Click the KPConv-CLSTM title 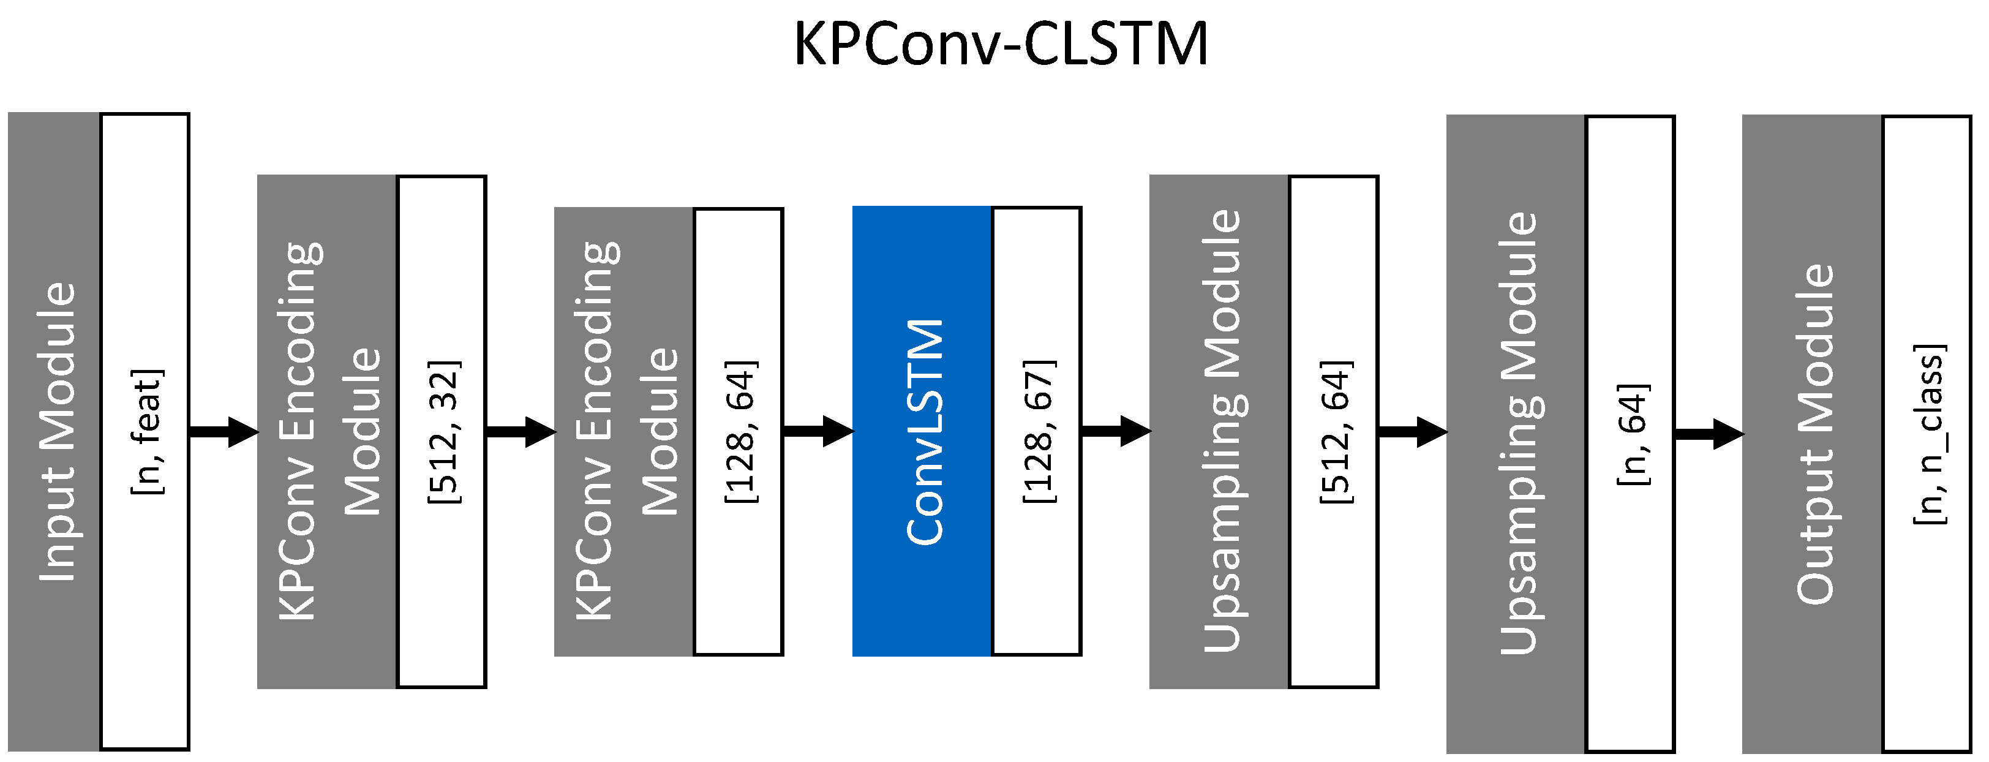pos(1001,44)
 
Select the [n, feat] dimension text pos(147,431)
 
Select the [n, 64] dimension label pos(1632,434)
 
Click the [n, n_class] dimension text pos(1929,434)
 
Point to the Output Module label pos(1814,434)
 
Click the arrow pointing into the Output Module pos(1709,434)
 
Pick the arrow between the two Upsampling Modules pos(1412,432)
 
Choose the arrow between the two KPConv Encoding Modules pos(521,432)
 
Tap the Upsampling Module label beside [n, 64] pos(1518,434)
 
